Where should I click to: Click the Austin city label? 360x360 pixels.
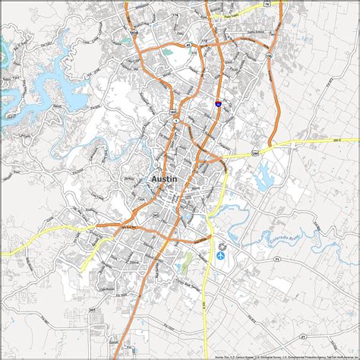pos(165,178)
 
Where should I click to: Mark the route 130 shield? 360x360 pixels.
pos(267,55)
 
